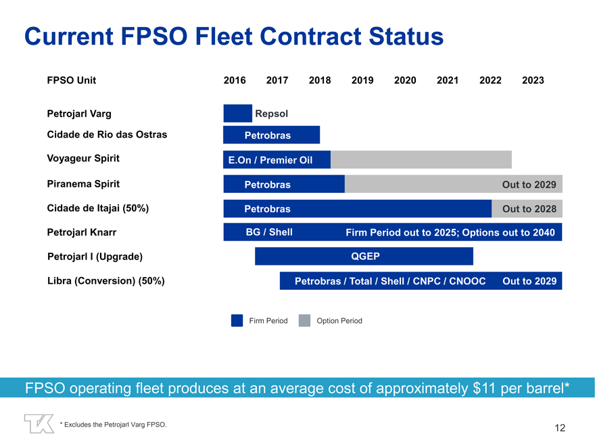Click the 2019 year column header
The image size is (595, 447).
[x=362, y=80]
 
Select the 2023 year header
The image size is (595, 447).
[x=533, y=80]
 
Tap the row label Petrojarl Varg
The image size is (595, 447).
[x=79, y=114]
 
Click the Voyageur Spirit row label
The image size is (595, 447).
[x=83, y=158]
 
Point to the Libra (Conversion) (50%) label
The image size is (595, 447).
[x=106, y=280]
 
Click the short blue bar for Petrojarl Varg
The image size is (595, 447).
[x=237, y=113]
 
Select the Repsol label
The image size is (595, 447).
[x=272, y=114]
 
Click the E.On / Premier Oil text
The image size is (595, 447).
[x=270, y=161]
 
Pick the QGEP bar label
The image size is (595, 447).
[x=365, y=256]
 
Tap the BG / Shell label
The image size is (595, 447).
[x=269, y=232]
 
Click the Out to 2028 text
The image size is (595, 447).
[x=529, y=209]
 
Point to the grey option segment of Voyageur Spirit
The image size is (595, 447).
[x=421, y=160]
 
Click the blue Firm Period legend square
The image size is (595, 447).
[x=237, y=320]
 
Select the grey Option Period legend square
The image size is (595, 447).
[x=304, y=320]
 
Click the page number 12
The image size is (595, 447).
[x=560, y=427]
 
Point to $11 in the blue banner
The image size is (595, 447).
[x=484, y=388]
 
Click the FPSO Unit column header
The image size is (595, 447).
[x=72, y=80]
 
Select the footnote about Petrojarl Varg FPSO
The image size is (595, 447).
[x=113, y=425]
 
